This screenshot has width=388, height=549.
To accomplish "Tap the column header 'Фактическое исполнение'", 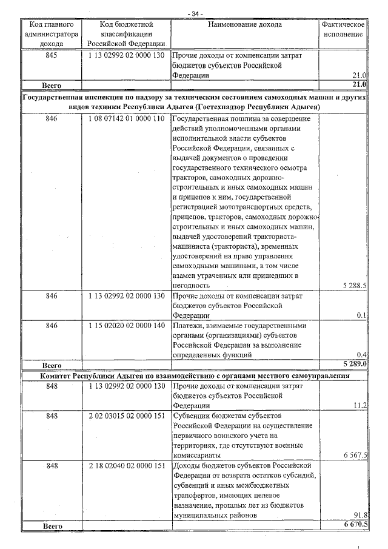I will (343, 30).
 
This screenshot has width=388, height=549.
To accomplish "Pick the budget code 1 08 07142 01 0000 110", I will (125, 118).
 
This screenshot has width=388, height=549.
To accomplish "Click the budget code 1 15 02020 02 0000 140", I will (125, 325).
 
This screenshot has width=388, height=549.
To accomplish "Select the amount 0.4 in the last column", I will (361, 354).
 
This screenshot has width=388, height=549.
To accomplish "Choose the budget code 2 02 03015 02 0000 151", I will (125, 416).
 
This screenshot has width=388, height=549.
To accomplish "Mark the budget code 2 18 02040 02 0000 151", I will (125, 465).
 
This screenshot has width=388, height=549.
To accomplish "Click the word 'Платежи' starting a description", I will (189, 325).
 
